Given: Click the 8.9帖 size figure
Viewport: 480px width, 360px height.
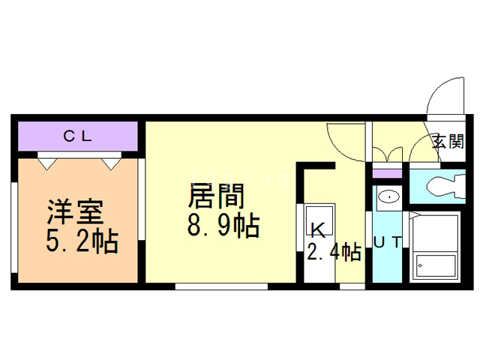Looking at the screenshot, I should tap(223, 224).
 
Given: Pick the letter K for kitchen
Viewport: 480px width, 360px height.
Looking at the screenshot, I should tap(318, 229).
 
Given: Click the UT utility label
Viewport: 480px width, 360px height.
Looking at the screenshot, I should tap(388, 241).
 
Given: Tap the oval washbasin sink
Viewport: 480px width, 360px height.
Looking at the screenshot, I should tap(388, 197).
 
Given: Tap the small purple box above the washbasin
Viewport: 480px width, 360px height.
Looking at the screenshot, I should tap(388, 174).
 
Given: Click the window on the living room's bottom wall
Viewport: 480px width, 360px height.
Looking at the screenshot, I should tap(221, 286).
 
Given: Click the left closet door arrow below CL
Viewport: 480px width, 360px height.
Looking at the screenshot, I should tap(46, 160).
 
